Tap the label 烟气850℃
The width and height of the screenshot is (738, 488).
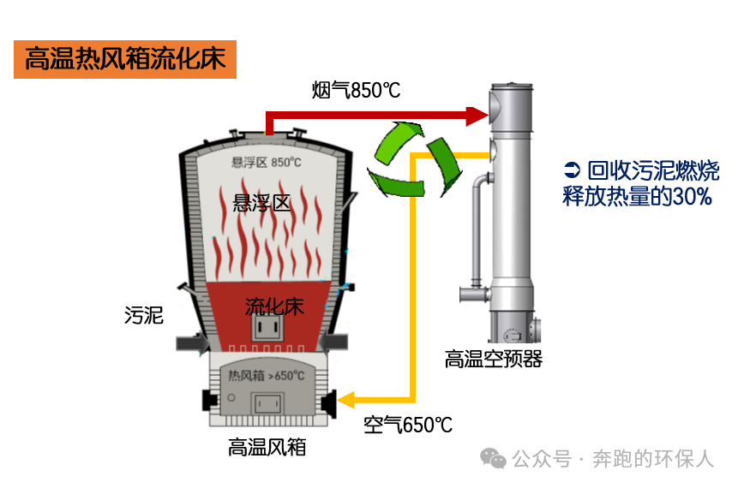point(356,90)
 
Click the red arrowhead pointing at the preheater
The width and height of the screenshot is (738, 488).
point(476,113)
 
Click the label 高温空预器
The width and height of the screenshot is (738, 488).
point(493,359)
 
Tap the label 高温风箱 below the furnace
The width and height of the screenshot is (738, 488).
point(267,447)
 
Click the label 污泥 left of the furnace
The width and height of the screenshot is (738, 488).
point(143,315)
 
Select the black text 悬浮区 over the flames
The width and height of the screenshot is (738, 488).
point(262,203)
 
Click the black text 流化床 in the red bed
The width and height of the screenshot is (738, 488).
point(274,306)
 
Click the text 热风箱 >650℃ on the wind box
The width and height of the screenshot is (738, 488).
point(266,375)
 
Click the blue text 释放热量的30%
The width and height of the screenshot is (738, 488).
point(636,196)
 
